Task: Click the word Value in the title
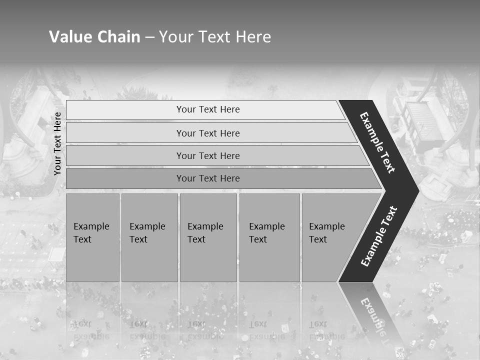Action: pos(70,36)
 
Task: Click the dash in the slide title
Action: pos(149,37)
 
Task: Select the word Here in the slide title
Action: pos(253,36)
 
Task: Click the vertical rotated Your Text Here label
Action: pos(57,143)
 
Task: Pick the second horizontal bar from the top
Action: pos(207,133)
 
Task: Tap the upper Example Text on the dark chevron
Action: pos(377,142)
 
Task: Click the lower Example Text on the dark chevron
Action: pos(379,236)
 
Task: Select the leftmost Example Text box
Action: pos(92,237)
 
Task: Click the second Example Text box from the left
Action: pos(149,237)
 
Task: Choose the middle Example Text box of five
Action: pos(208,237)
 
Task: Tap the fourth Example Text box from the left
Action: pos(269,237)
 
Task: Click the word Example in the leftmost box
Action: pos(91,226)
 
